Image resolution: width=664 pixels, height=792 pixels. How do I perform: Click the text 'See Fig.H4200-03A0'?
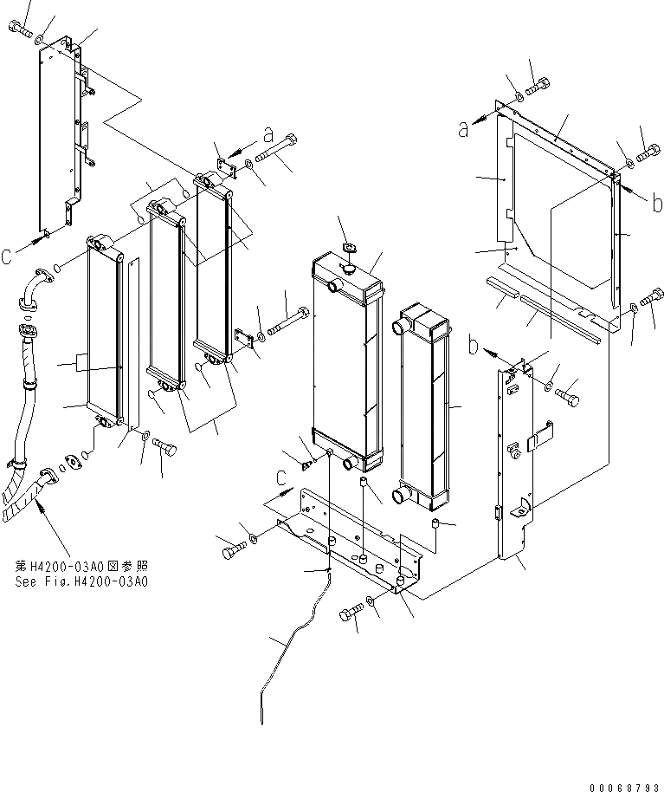[x=81, y=582]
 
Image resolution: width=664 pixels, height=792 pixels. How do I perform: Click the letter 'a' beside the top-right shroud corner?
[x=464, y=128]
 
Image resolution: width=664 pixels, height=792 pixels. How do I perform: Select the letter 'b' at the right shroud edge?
[x=658, y=204]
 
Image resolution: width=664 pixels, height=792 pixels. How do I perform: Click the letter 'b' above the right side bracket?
[x=474, y=347]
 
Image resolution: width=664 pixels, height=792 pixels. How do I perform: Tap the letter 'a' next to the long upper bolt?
[x=269, y=135]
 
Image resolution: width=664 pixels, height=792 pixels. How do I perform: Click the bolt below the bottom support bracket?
[x=350, y=615]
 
